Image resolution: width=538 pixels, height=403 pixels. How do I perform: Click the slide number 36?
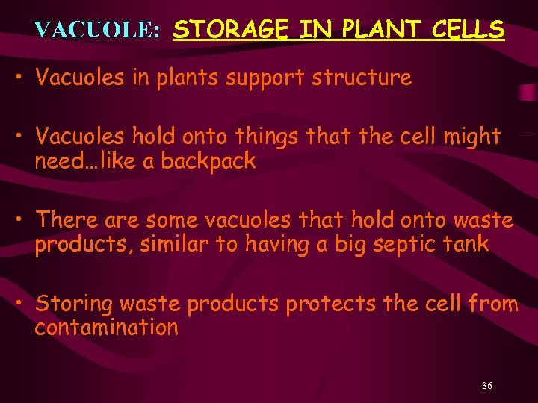pyautogui.click(x=486, y=386)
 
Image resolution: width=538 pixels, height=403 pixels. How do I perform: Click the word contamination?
pyautogui.click(x=106, y=328)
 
